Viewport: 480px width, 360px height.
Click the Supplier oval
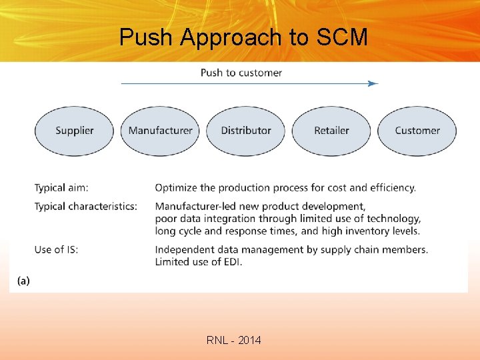pos(74,131)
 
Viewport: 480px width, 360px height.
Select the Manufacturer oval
pos(160,131)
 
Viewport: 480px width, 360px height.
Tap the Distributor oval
pos(246,131)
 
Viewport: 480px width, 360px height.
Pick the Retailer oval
pos(331,131)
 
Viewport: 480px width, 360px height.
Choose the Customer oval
pos(417,131)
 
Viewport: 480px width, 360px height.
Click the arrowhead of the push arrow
pos(374,83)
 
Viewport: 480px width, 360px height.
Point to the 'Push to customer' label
pos(241,73)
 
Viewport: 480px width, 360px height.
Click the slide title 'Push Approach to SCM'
pos(243,37)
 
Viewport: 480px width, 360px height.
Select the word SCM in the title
pos(342,37)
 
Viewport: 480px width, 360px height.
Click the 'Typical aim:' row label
pos(61,188)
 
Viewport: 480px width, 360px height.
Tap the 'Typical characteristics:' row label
pos(86,206)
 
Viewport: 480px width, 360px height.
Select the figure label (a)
pos(23,281)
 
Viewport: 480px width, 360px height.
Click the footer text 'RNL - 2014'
pos(234,341)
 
